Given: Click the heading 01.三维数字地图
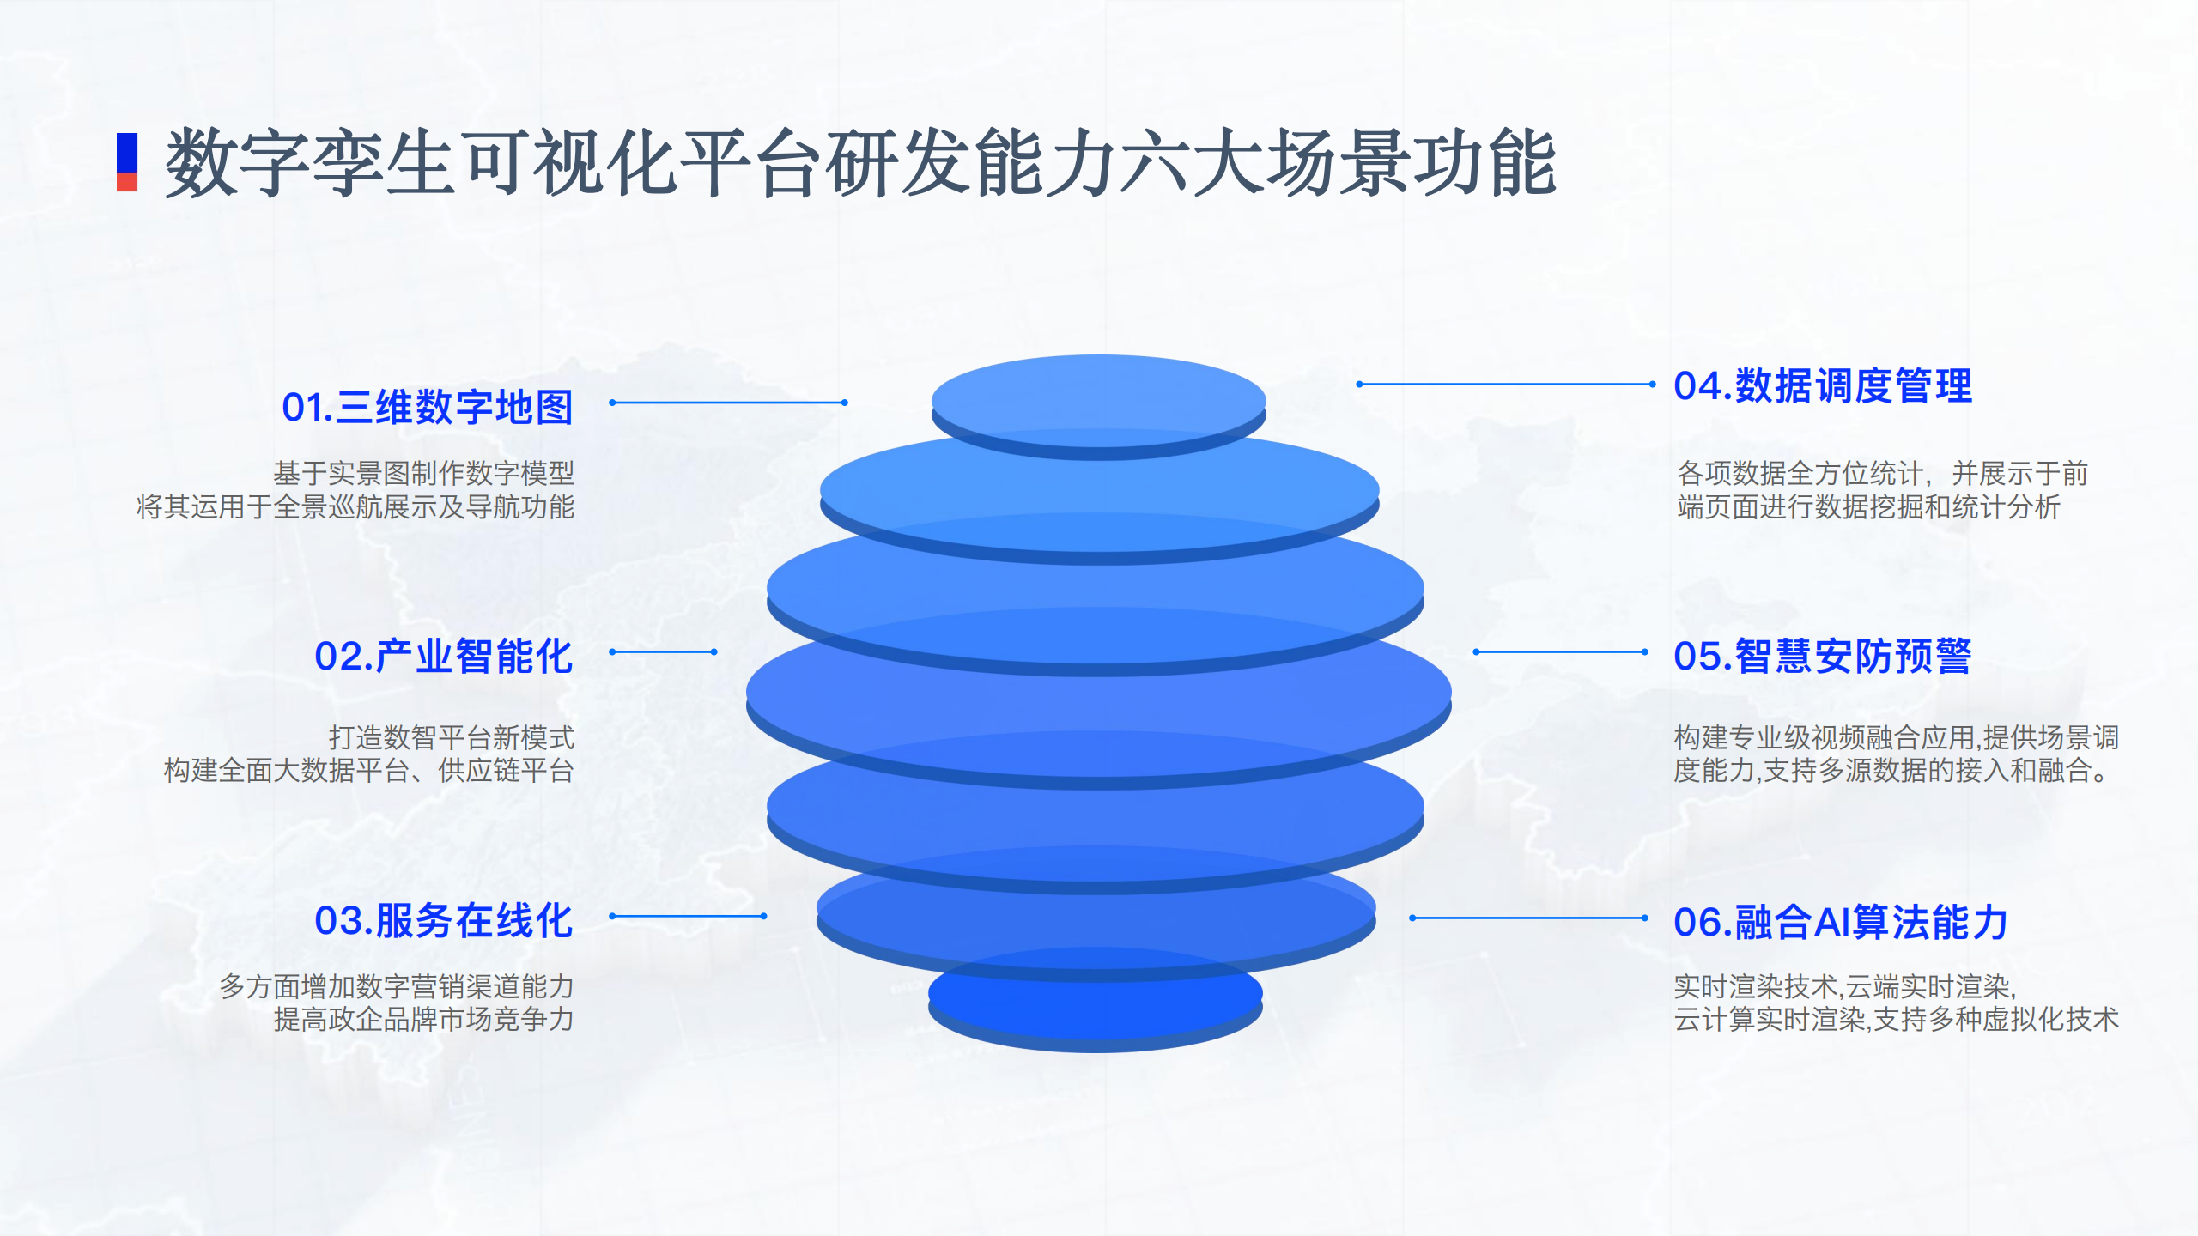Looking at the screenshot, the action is click(428, 407).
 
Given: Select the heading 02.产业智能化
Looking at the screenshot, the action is click(444, 657).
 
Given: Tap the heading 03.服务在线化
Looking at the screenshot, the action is click(444, 921).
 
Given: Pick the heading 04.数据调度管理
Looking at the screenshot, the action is click(1823, 385).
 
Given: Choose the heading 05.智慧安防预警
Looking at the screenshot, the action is click(1823, 657).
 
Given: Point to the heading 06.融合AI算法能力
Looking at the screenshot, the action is click(1841, 923).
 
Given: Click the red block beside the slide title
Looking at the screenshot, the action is click(127, 182).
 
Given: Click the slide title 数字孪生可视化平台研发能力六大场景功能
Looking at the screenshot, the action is click(860, 162).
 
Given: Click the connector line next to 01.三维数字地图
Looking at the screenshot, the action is click(729, 403).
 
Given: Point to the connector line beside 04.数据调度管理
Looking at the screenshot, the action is click(1506, 385).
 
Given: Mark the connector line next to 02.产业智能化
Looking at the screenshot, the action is click(663, 652).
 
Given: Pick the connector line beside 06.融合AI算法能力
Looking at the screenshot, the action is click(1528, 918).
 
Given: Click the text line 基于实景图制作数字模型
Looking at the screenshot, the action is click(424, 473).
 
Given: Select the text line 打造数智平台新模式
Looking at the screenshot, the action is click(452, 737).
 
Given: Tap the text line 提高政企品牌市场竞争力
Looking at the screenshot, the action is click(424, 1019).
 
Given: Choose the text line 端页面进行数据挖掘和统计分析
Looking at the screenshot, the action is click(1868, 506).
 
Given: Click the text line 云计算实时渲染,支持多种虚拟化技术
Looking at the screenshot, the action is click(1897, 1019).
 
